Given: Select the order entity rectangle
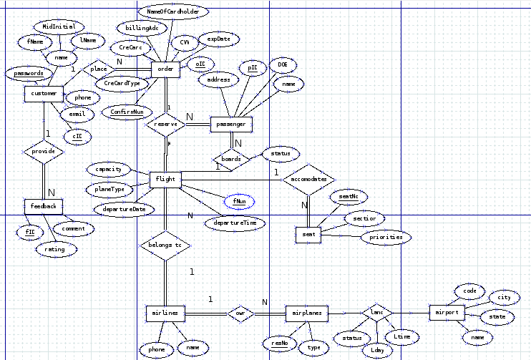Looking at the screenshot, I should click(165, 69).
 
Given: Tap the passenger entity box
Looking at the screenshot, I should click(230, 125).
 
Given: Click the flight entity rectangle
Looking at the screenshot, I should click(165, 178).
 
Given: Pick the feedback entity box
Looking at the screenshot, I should click(43, 207).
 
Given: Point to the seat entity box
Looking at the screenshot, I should click(309, 234).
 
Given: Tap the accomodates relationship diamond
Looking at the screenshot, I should click(308, 178).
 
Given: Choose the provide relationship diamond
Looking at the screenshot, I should click(44, 152).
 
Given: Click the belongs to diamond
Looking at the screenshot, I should click(165, 245).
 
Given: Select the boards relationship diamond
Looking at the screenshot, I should click(230, 159).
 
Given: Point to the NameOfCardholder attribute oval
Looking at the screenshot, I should click(172, 12).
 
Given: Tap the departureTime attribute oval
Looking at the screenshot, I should click(235, 223).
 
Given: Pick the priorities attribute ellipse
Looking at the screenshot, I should click(386, 237).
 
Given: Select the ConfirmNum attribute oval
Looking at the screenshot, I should click(127, 112).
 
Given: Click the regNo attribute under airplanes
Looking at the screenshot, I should click(279, 344).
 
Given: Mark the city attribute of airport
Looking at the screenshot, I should click(504, 297).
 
